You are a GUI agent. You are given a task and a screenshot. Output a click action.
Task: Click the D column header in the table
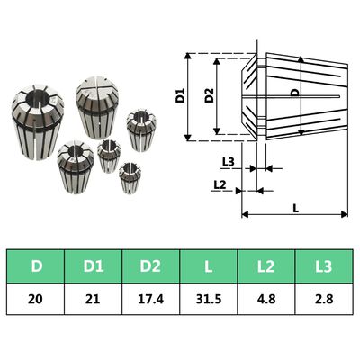35,266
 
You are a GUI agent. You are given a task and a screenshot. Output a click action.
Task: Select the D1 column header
93,266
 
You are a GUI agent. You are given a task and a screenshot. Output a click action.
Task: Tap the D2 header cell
150,266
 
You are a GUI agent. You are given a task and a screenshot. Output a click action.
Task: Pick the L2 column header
265,266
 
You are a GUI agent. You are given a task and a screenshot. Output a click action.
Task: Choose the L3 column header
323,266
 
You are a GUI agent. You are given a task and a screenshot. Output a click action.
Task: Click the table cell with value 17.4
150,299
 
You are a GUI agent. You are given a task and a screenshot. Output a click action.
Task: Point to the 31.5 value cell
209,299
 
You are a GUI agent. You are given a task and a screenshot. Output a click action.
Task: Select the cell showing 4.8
265,299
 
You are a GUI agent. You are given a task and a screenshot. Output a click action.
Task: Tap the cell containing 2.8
323,299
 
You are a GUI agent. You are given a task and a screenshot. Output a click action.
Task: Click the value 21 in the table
93,299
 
